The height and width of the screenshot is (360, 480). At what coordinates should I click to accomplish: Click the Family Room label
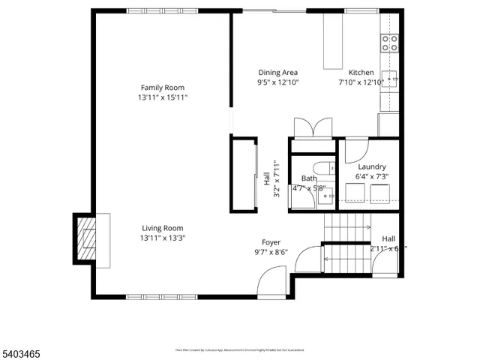pyautogui.click(x=163, y=87)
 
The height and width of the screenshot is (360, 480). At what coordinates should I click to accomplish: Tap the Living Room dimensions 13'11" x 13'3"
pyautogui.click(x=163, y=238)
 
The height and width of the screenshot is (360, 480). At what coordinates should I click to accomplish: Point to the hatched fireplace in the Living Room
pyautogui.click(x=88, y=241)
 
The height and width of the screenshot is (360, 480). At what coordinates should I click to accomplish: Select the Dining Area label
pyautogui.click(x=278, y=72)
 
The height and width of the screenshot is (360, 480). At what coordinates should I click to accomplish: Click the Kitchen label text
pyautogui.click(x=361, y=72)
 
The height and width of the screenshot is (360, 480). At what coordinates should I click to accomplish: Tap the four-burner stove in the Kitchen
pyautogui.click(x=389, y=43)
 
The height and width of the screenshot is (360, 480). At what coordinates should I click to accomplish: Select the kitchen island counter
pyautogui.click(x=333, y=41)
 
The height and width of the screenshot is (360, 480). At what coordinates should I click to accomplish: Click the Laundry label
pyautogui.click(x=372, y=166)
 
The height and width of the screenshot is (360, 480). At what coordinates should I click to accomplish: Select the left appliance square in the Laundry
pyautogui.click(x=353, y=194)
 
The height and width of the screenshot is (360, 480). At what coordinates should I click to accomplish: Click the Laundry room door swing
pyautogui.click(x=356, y=150)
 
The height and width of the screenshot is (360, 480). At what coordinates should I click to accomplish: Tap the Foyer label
pyautogui.click(x=271, y=242)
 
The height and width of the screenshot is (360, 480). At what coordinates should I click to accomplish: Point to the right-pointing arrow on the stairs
pyautogui.click(x=366, y=226)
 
